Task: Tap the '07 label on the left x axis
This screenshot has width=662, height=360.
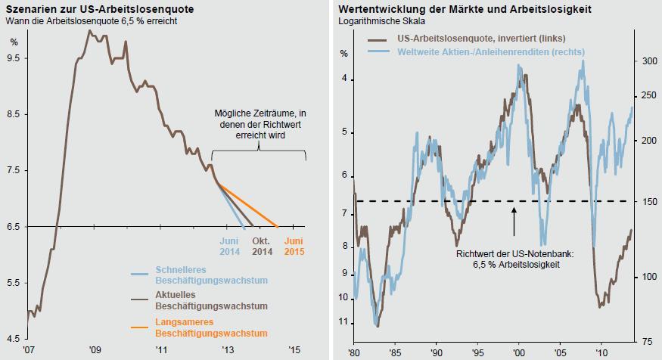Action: click(28, 350)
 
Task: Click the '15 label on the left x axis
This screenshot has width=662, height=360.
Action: click(295, 350)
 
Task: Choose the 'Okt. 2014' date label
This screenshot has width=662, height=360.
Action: click(262, 247)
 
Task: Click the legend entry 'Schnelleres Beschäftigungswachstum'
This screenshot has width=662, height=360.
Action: click(191, 275)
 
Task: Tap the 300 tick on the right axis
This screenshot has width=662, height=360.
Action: click(641, 61)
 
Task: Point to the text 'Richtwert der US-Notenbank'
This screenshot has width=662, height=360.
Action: click(514, 254)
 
